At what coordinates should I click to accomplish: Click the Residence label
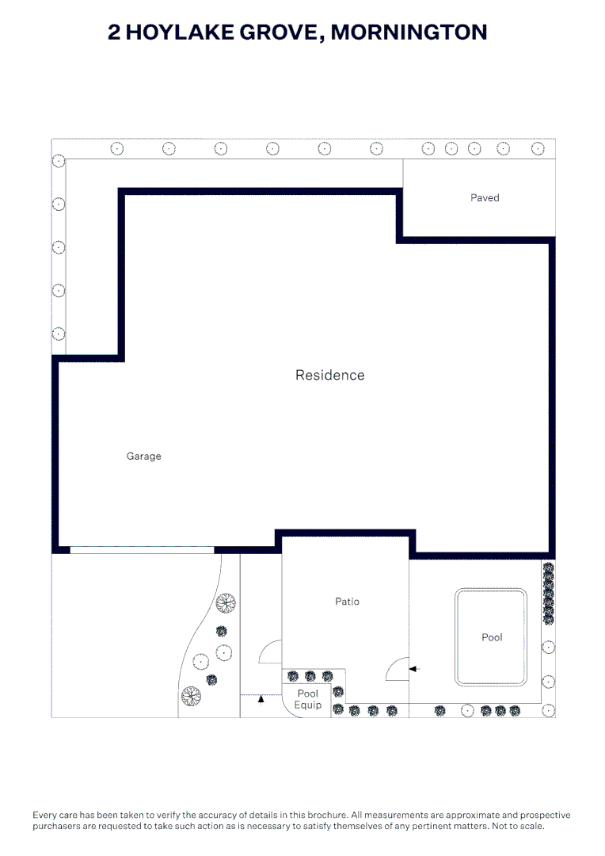[x=329, y=375]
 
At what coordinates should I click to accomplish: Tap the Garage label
[x=143, y=457]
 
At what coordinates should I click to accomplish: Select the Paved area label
[x=485, y=197]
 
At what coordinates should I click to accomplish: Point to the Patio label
[x=347, y=601]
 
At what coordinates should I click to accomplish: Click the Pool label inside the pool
[x=492, y=637]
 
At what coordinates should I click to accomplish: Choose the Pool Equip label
[x=308, y=699]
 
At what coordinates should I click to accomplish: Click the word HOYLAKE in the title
[x=180, y=32]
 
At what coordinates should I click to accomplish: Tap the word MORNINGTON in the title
[x=409, y=32]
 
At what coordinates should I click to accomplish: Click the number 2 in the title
[x=113, y=32]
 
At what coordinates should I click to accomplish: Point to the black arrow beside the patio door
[x=415, y=669]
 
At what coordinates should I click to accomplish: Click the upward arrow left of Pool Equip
[x=261, y=700]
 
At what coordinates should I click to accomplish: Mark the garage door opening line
[x=142, y=550]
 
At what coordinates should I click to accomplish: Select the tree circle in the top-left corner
[x=59, y=161]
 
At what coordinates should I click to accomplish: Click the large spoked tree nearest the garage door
[x=226, y=603]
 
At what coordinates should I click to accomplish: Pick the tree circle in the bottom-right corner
[x=548, y=710]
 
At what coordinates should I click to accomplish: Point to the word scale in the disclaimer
[x=531, y=826]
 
